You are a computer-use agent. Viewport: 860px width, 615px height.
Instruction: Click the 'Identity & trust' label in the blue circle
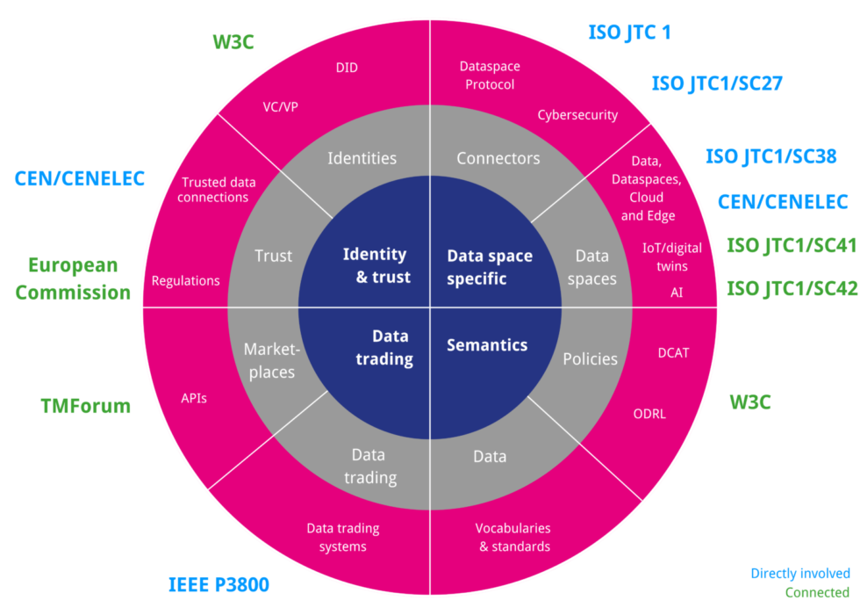375,265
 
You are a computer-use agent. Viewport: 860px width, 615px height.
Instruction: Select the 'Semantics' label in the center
487,345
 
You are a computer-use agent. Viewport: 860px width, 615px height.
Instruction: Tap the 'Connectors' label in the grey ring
498,158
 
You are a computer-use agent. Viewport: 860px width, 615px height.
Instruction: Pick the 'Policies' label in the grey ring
590,358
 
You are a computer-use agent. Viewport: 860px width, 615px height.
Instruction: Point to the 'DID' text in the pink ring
347,68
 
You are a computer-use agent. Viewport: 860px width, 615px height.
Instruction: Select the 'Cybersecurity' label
577,115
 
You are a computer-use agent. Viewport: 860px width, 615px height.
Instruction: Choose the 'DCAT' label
673,352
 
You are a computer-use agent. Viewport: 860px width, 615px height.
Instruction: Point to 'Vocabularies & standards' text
513,537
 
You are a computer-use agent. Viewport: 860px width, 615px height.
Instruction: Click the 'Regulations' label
185,281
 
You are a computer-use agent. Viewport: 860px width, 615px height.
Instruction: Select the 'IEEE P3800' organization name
219,584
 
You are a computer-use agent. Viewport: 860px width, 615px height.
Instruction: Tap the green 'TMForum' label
85,406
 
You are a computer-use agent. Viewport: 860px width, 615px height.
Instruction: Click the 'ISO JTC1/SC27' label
716,84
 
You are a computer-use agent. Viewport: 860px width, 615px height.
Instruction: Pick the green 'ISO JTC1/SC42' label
792,288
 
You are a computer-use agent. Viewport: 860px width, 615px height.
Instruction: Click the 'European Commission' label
73,279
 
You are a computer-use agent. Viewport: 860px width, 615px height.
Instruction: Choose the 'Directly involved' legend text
799,574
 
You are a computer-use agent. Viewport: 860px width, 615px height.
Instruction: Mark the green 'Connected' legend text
816,593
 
